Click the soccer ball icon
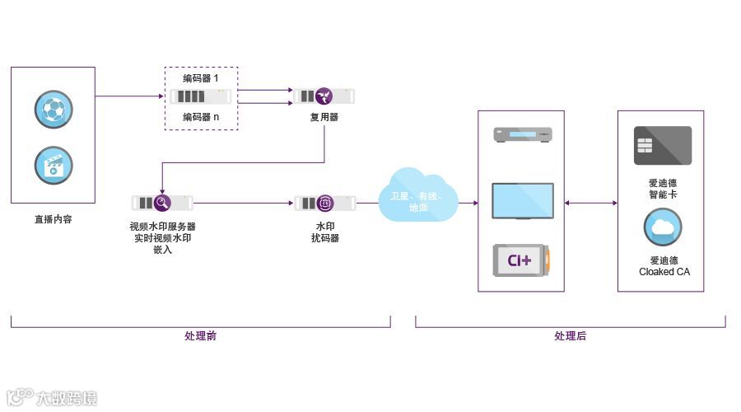pyautogui.click(x=54, y=109)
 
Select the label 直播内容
pyautogui.click(x=53, y=220)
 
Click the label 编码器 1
pyautogui.click(x=201, y=78)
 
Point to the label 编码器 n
pyautogui.click(x=201, y=116)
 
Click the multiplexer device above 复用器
pyautogui.click(x=324, y=96)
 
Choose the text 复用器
pyautogui.click(x=324, y=117)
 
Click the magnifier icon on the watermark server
pyautogui.click(x=162, y=203)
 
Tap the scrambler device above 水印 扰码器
pyautogui.click(x=325, y=203)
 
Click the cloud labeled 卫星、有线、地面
pyautogui.click(x=419, y=196)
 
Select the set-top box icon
pyautogui.click(x=522, y=134)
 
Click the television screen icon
pyautogui.click(x=522, y=200)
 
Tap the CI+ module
pyautogui.click(x=522, y=260)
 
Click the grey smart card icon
pyautogui.click(x=662, y=146)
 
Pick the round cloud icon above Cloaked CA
pyautogui.click(x=663, y=227)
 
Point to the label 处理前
pyautogui.click(x=201, y=336)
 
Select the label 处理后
pyautogui.click(x=570, y=336)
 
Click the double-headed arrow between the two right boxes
pyautogui.click(x=591, y=202)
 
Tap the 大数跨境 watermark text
pyautogui.click(x=66, y=398)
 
